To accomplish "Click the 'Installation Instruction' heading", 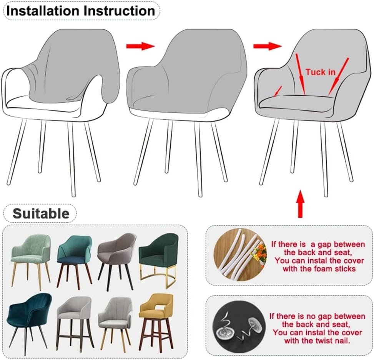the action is pyautogui.click(x=81, y=11).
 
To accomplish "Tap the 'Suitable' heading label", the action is pyautogui.click(x=41, y=213).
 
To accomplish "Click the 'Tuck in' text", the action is pyautogui.click(x=320, y=72).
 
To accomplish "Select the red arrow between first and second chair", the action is pyautogui.click(x=140, y=46).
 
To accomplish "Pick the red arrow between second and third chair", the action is pyautogui.click(x=268, y=46).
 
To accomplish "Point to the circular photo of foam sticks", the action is pyautogui.click(x=240, y=254).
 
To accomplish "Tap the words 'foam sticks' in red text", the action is pyautogui.click(x=334, y=269).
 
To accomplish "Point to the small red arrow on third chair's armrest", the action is pyautogui.click(x=278, y=92).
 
